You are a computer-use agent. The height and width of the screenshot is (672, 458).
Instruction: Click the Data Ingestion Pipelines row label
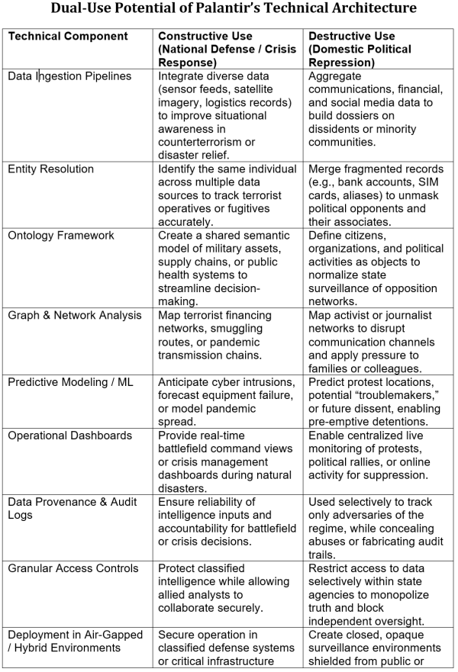(x=69, y=76)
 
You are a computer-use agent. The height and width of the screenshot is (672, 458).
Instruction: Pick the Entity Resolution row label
(x=50, y=169)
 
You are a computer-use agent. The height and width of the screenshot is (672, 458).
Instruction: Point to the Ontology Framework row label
(x=61, y=235)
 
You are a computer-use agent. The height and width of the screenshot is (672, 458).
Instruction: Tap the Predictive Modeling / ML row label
(x=71, y=381)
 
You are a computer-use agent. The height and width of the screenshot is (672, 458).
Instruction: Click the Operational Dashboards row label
(x=69, y=435)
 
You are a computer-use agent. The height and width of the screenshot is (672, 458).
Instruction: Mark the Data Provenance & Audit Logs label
(x=68, y=508)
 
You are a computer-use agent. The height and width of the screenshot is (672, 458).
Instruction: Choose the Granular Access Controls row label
(x=73, y=568)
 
